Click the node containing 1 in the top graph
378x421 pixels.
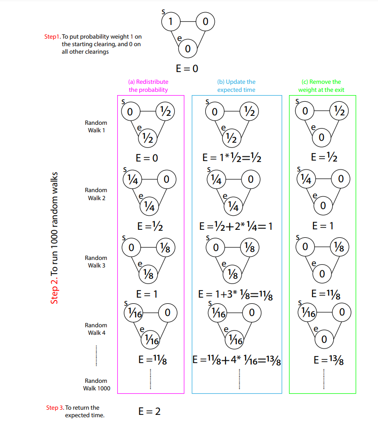click(x=170, y=21)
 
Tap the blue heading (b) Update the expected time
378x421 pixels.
click(x=236, y=86)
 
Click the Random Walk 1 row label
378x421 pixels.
click(x=96, y=126)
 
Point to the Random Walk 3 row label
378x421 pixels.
click(x=96, y=261)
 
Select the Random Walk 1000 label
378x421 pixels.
click(x=97, y=384)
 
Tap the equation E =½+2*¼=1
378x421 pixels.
click(x=236, y=227)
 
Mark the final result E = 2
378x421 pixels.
click(x=150, y=411)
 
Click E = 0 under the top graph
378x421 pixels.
click(x=187, y=68)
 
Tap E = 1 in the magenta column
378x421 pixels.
click(x=147, y=294)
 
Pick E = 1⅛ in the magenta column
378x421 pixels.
click(x=151, y=361)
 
